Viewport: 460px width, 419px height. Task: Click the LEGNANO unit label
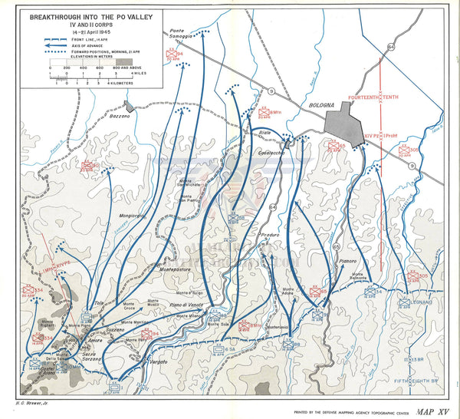tap(423, 302)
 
